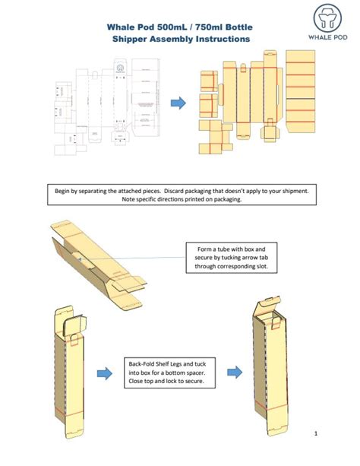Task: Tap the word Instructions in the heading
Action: tap(218, 39)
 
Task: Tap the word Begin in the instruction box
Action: tap(69, 191)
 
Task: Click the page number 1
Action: tap(314, 433)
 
